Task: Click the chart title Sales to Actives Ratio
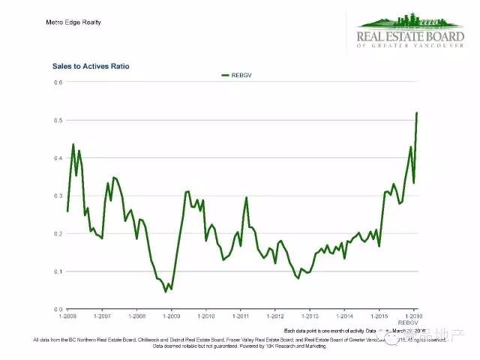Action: point(91,67)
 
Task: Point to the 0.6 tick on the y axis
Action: point(58,82)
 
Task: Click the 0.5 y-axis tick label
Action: point(58,120)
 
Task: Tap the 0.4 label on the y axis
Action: point(58,158)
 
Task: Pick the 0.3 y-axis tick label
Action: point(58,196)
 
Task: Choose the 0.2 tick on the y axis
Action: point(58,234)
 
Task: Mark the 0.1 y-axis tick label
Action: point(58,271)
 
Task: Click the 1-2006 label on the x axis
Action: point(67,316)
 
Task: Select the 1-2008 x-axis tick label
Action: point(136,316)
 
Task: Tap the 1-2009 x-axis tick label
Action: point(171,316)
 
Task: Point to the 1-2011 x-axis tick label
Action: point(240,316)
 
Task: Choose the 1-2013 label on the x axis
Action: point(309,316)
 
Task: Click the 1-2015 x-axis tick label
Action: point(378,316)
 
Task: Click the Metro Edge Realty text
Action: point(73,22)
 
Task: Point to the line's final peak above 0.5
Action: point(417,112)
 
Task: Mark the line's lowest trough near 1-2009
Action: point(166,290)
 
